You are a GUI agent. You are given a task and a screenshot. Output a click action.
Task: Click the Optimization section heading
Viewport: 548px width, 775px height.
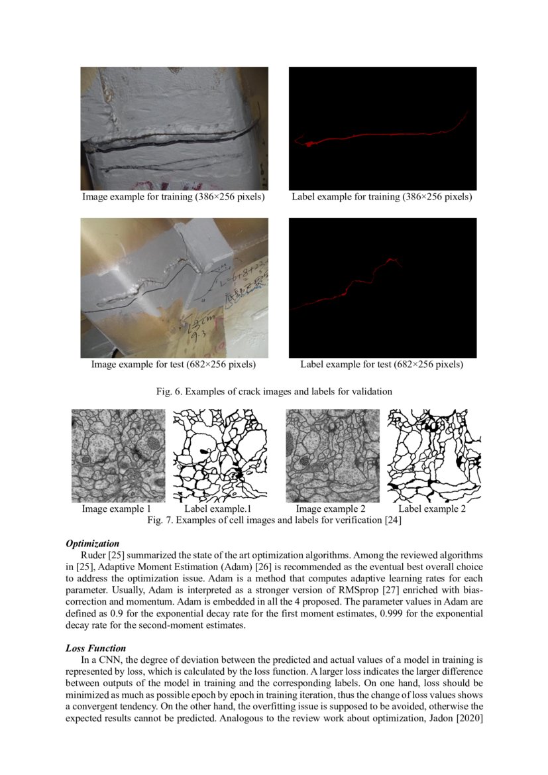coord(93,544)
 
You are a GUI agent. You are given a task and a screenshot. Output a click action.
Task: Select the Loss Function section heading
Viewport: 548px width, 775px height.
coord(96,648)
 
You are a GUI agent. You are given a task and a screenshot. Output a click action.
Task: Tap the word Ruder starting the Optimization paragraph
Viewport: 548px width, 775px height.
coord(93,554)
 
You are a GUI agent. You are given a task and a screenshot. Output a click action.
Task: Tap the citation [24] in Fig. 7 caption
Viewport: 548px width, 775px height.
coord(393,521)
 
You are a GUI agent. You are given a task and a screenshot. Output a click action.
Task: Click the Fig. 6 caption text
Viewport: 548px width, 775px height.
coord(274,392)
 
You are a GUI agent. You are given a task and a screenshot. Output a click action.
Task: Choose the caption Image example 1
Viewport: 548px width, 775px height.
coord(117,509)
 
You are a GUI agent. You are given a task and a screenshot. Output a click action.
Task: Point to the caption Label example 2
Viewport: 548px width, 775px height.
coord(432,509)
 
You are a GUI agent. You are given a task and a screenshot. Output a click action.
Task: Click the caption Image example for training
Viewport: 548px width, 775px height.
coord(174,197)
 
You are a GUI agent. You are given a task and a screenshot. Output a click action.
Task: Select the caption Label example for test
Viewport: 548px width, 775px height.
coord(382,365)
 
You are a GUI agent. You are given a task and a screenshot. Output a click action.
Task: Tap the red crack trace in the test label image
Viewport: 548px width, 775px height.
coord(358,282)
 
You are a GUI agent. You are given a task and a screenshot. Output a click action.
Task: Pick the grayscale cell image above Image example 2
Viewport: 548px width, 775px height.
coord(333,455)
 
